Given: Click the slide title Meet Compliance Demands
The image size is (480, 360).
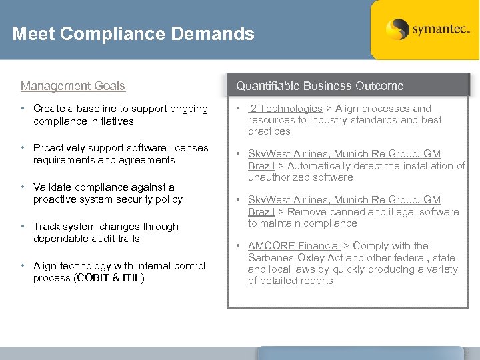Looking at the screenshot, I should (133, 33).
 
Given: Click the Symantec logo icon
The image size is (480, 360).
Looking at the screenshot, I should (397, 29).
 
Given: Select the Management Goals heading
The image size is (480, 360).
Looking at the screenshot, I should (73, 85).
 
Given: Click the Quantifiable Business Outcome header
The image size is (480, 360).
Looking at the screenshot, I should (320, 85).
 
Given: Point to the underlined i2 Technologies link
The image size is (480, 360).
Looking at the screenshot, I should (285, 109).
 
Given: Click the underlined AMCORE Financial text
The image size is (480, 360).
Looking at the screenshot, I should (294, 246).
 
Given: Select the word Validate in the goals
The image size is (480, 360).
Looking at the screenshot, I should (52, 187).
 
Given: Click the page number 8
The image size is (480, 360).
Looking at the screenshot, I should (467, 353).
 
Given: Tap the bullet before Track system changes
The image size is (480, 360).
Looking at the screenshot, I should (23, 227).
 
